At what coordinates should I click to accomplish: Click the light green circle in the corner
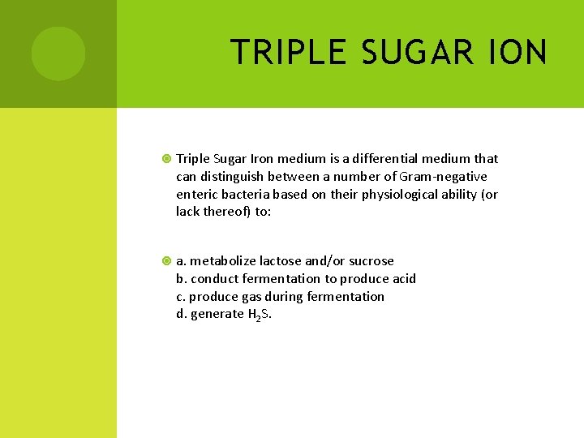coord(58,54)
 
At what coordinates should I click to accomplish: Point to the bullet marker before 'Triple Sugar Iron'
coord(166,159)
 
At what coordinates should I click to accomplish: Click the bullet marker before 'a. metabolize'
coord(166,261)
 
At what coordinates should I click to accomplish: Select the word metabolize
coord(222,260)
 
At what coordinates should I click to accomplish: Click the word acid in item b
coord(403,278)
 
